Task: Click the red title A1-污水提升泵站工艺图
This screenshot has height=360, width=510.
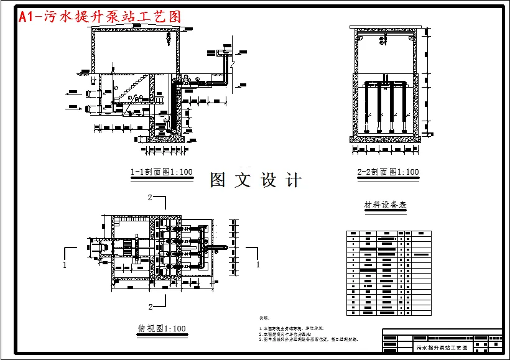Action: pyautogui.click(x=100, y=17)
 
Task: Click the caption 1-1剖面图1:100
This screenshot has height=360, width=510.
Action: pyautogui.click(x=161, y=172)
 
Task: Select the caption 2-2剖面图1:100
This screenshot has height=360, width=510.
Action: pyautogui.click(x=388, y=172)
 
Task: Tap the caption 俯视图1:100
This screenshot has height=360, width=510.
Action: pyautogui.click(x=161, y=328)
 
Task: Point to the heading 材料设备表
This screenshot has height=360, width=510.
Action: pyautogui.click(x=385, y=205)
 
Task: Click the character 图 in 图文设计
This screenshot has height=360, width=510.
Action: pyautogui.click(x=218, y=180)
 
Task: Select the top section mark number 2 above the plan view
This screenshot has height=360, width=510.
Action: pyautogui.click(x=150, y=198)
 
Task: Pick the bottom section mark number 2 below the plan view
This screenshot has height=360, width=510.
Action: pyautogui.click(x=150, y=307)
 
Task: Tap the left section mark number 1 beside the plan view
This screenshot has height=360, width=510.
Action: pyautogui.click(x=65, y=264)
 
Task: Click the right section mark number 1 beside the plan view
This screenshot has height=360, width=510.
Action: pyautogui.click(x=257, y=264)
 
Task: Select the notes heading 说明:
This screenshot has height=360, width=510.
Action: pyautogui.click(x=264, y=318)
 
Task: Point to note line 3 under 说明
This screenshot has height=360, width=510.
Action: pyautogui.click(x=310, y=339)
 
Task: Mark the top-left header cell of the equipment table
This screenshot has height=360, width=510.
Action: pyautogui.click(x=353, y=233)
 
